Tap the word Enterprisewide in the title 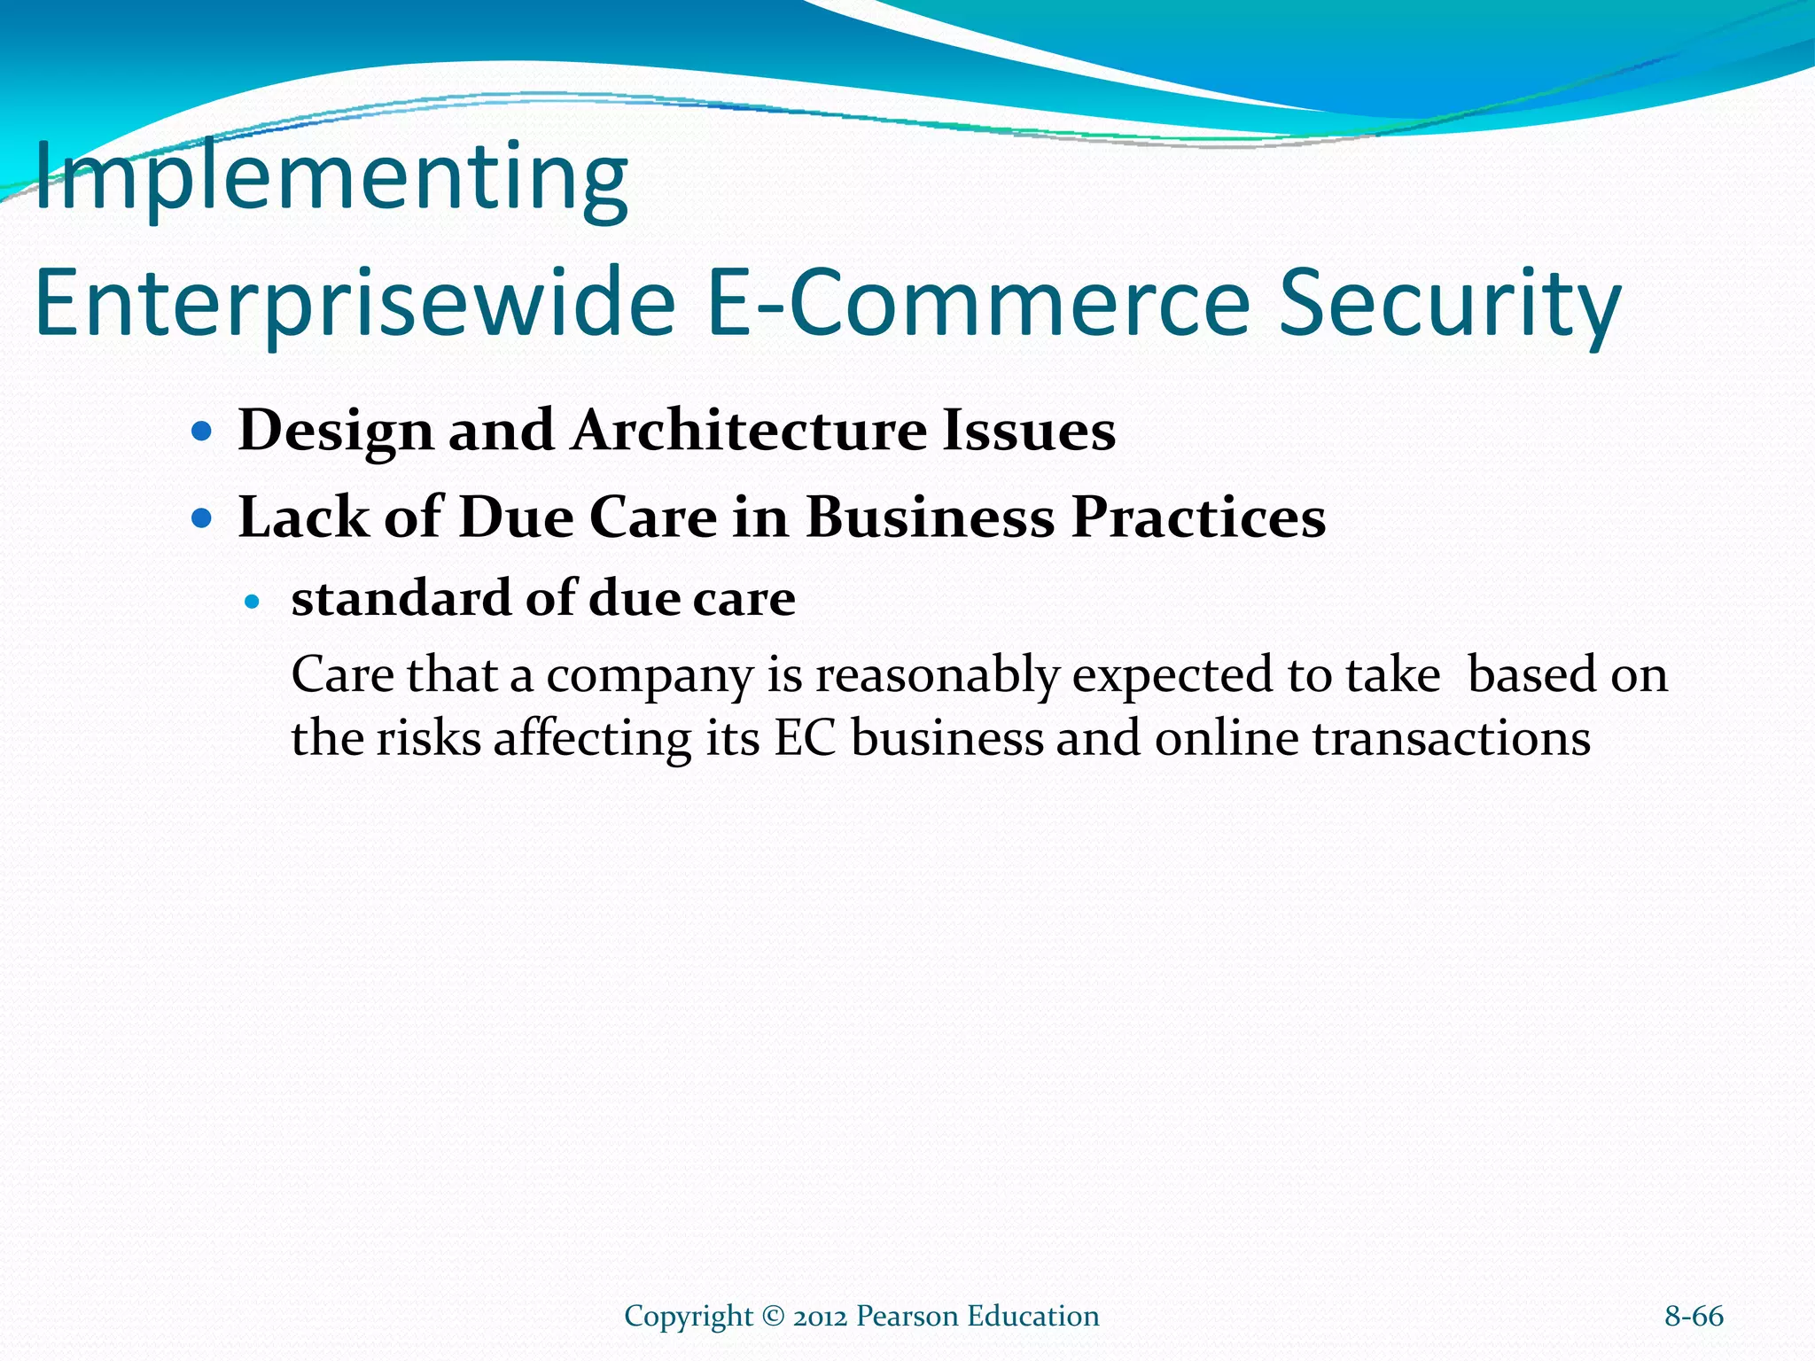[x=354, y=304]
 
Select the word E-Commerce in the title [x=978, y=304]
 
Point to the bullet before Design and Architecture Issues [x=203, y=432]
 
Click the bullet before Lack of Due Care [x=203, y=518]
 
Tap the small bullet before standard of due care [x=253, y=603]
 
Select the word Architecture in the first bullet [x=748, y=432]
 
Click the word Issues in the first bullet [x=1028, y=432]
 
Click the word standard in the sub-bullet [x=402, y=599]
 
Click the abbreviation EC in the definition [x=805, y=739]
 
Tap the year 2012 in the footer [x=821, y=1317]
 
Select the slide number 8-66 [x=1694, y=1317]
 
